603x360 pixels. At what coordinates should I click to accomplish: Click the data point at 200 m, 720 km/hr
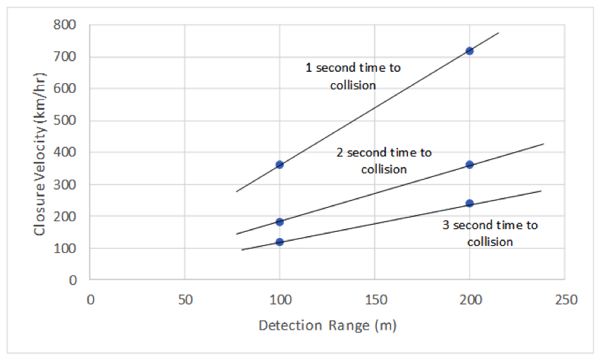pos(469,51)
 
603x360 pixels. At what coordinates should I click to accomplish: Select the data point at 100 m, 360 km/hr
pos(280,165)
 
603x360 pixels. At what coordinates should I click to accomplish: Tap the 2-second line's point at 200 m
pos(469,165)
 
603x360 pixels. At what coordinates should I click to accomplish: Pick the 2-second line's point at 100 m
pos(280,222)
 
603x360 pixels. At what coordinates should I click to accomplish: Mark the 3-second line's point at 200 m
pos(469,204)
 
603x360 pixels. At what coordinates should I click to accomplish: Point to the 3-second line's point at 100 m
pos(280,242)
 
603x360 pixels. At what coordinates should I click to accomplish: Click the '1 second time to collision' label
pos(352,76)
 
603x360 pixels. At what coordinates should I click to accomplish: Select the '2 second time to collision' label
pos(384,161)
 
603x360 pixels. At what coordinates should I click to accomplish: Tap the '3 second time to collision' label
pos(490,233)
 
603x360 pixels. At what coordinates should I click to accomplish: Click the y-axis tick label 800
pos(68,25)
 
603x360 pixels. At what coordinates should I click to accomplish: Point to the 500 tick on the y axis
pos(68,120)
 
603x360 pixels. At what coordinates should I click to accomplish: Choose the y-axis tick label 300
pos(68,185)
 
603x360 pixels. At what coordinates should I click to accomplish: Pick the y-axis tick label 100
pos(68,248)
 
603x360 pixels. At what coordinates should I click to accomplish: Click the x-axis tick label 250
pos(565,299)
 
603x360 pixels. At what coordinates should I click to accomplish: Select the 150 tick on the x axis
pos(375,299)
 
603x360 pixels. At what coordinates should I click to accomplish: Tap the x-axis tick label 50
pos(185,299)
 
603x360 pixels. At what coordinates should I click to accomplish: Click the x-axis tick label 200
pos(470,299)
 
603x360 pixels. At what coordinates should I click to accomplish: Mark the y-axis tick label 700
pos(68,57)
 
